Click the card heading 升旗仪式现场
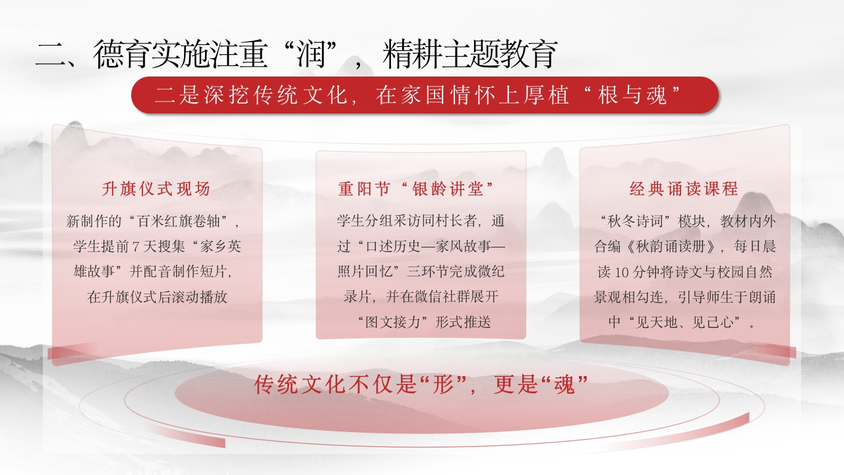[156, 189]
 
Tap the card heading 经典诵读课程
[684, 189]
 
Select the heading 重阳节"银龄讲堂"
[416, 189]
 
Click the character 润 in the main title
[311, 55]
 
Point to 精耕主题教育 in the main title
[470, 55]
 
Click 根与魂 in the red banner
[632, 95]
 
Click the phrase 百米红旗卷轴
[179, 221]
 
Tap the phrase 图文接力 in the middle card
[392, 323]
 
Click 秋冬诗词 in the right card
[636, 221]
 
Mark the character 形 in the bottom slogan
[444, 385]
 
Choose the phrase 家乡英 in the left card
[221, 247]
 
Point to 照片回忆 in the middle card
[365, 272]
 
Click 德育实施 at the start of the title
[152, 55]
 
